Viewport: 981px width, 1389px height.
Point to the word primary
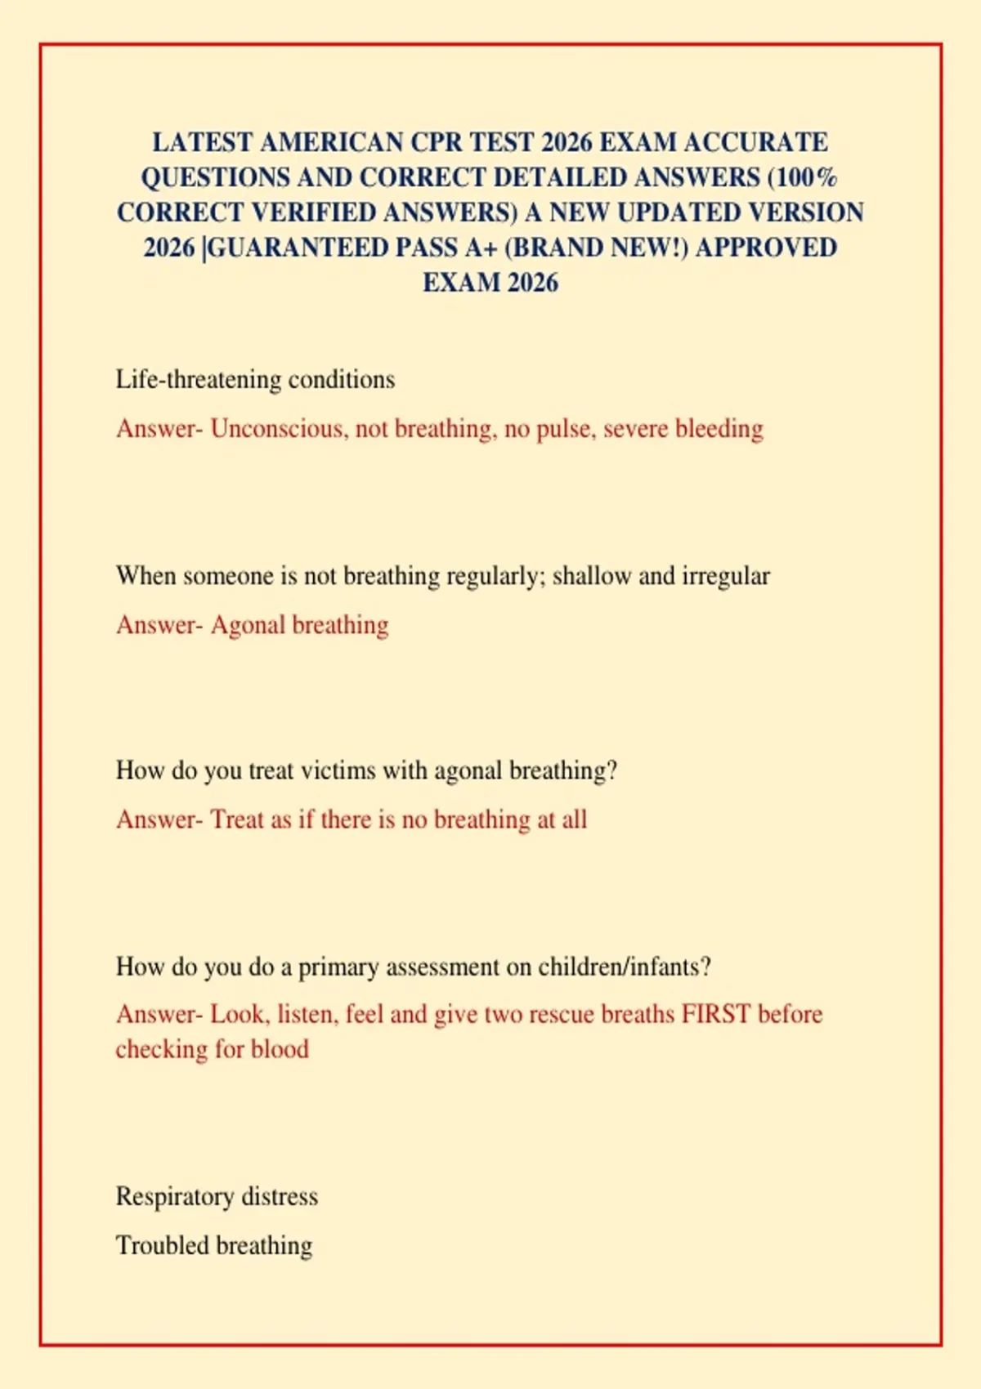[x=338, y=967]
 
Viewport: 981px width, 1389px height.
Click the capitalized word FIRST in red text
[x=716, y=1014]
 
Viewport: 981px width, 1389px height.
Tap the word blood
[x=280, y=1049]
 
